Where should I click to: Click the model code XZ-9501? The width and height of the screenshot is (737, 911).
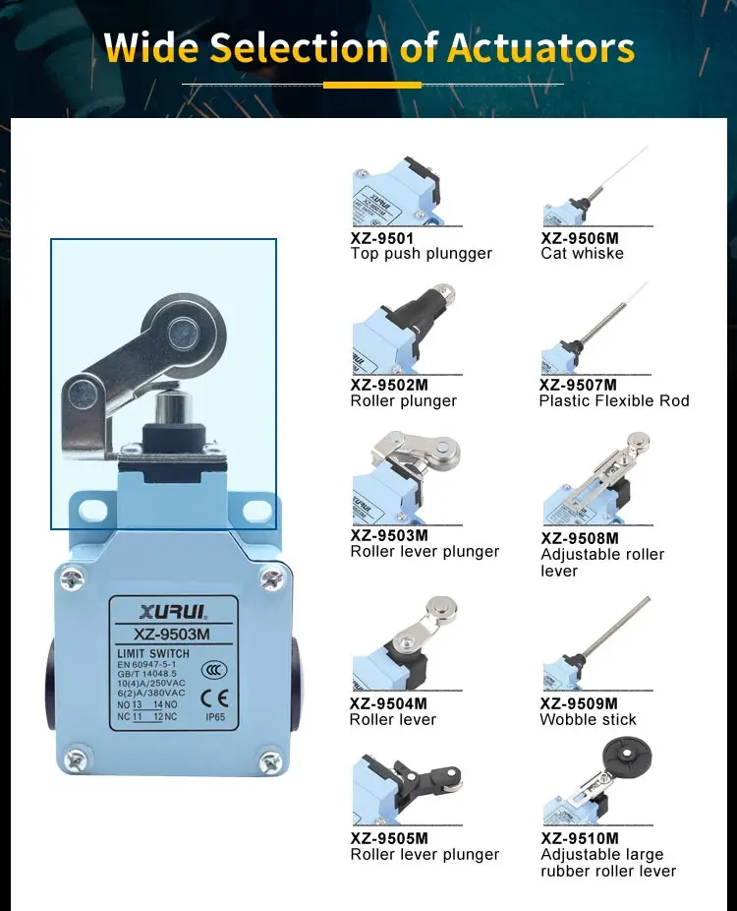(382, 238)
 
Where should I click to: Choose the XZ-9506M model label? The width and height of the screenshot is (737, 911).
(580, 238)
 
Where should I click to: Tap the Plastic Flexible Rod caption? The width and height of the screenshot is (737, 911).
(614, 400)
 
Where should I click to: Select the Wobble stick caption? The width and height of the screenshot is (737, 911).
(588, 719)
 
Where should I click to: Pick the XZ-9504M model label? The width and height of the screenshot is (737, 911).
(388, 703)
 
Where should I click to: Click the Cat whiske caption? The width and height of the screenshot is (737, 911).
(582, 254)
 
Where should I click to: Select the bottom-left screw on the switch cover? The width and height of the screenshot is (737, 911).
(74, 759)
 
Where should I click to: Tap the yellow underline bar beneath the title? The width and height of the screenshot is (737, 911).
(371, 85)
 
